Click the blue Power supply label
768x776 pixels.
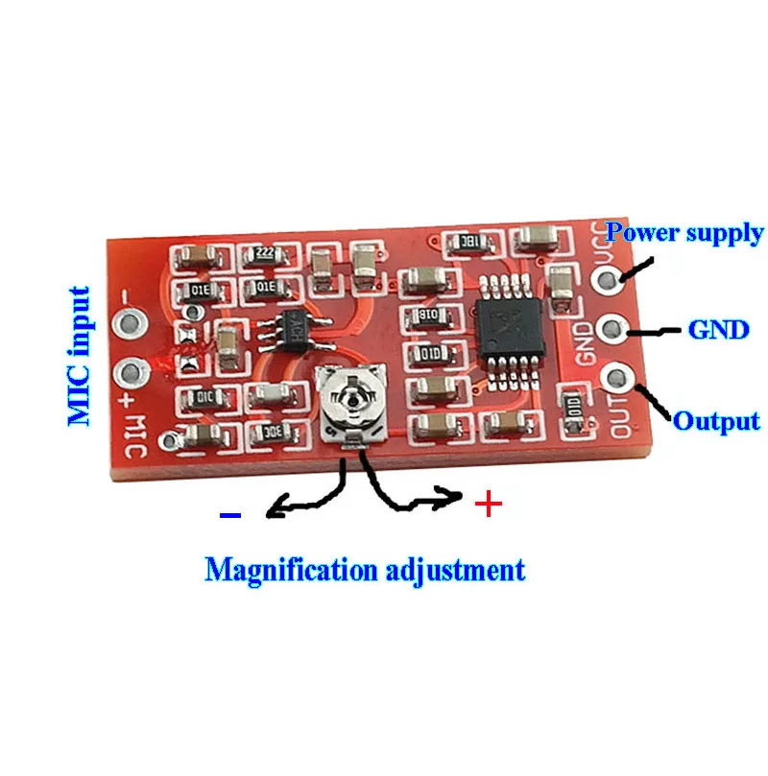coord(685,232)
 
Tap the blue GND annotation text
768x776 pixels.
coord(717,330)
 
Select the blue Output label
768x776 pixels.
coord(716,421)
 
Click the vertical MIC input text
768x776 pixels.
coord(81,356)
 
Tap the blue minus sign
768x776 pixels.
coord(230,515)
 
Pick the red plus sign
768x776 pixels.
coord(489,504)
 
